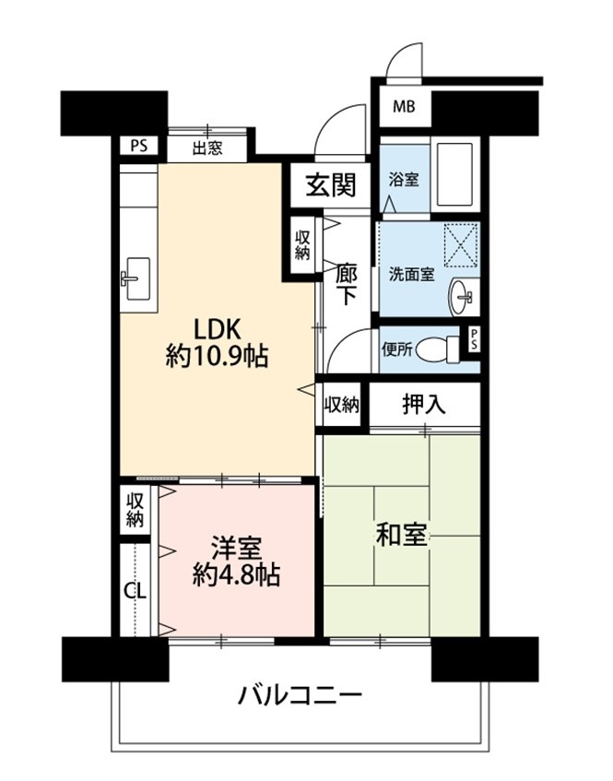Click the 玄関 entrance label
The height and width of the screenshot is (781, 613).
pyautogui.click(x=331, y=185)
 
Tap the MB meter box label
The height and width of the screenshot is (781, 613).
pyautogui.click(x=404, y=107)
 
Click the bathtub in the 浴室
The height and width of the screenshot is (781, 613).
pyautogui.click(x=454, y=175)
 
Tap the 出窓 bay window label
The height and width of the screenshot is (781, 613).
pyautogui.click(x=207, y=148)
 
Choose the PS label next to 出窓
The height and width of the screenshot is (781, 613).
pyautogui.click(x=139, y=147)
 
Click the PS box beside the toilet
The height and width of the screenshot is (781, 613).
pyautogui.click(x=474, y=340)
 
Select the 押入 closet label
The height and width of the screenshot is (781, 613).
pyautogui.click(x=424, y=405)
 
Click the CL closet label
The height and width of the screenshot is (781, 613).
pyautogui.click(x=135, y=591)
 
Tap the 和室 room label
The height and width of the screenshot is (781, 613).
pyautogui.click(x=401, y=535)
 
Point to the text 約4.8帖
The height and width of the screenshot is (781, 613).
pyautogui.click(x=237, y=575)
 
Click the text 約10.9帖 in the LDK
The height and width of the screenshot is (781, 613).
pyautogui.click(x=217, y=356)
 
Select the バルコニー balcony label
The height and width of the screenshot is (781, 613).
pyautogui.click(x=300, y=696)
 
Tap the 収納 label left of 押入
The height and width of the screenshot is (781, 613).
pyautogui.click(x=342, y=405)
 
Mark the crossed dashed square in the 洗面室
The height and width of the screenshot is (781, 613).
pyautogui.click(x=461, y=246)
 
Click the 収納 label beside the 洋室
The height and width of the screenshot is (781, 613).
pyautogui.click(x=135, y=510)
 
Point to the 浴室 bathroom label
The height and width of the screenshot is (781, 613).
pyautogui.click(x=404, y=179)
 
